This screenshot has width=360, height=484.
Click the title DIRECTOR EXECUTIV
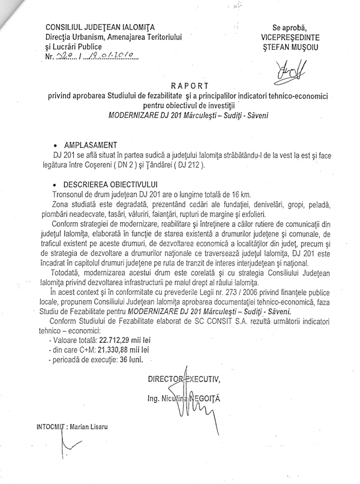point(184,378)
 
